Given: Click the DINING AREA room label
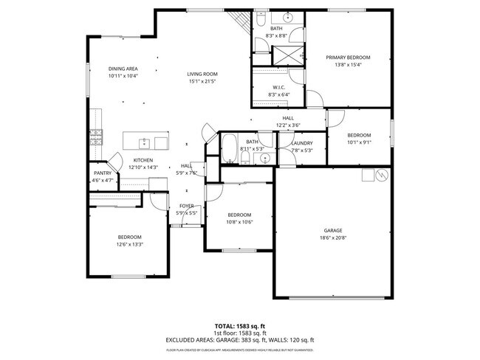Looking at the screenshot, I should pos(123,69).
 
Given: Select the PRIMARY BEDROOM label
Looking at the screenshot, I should pos(348,58).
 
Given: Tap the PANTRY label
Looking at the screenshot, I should pos(102,173).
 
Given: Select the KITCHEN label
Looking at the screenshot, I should pos(143,160).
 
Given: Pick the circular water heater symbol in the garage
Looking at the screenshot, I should pos(382,176).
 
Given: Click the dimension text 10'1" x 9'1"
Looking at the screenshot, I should pos(359,142).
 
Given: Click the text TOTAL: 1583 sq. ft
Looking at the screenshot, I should pos(239,325).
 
